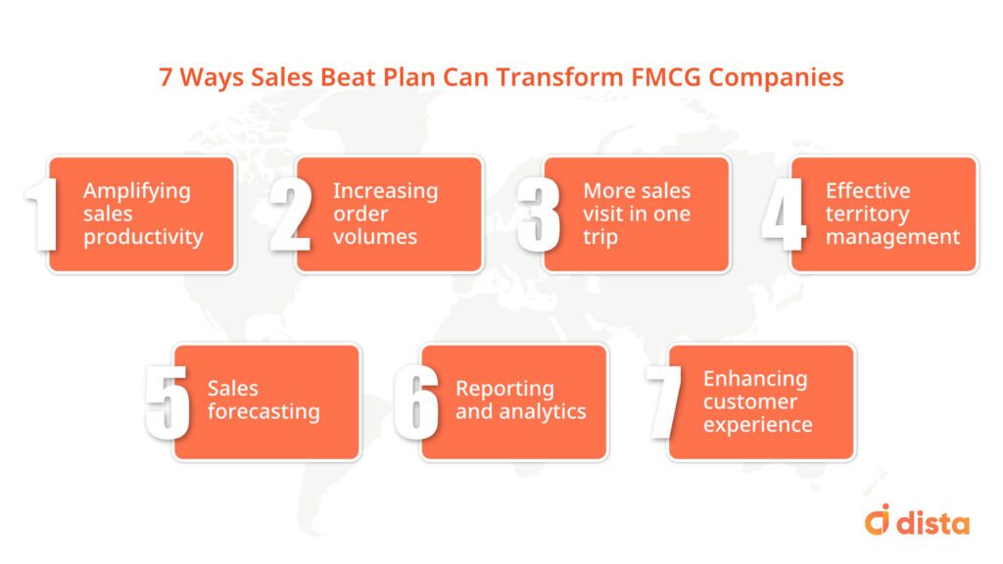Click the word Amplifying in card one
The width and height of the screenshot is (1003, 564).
coord(136,191)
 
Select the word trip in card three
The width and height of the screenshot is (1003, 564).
coord(600,237)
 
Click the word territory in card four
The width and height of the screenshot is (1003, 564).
coord(867,213)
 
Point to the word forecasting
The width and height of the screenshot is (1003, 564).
coord(263,411)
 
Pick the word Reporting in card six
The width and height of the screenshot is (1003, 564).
coord(504,389)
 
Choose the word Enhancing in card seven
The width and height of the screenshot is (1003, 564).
coord(755,378)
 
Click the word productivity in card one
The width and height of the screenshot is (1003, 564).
coord(143,237)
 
